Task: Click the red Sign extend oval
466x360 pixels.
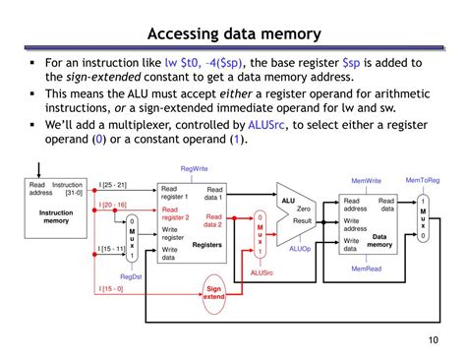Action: coord(214,291)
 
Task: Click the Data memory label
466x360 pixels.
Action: coord(379,240)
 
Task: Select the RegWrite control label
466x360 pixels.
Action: coord(195,169)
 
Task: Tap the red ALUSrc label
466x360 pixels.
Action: coord(262,272)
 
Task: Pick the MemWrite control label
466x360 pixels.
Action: coord(367,181)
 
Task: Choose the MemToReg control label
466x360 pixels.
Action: coord(424,180)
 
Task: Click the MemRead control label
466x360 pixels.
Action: coord(367,268)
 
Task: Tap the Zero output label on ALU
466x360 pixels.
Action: coord(304,210)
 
